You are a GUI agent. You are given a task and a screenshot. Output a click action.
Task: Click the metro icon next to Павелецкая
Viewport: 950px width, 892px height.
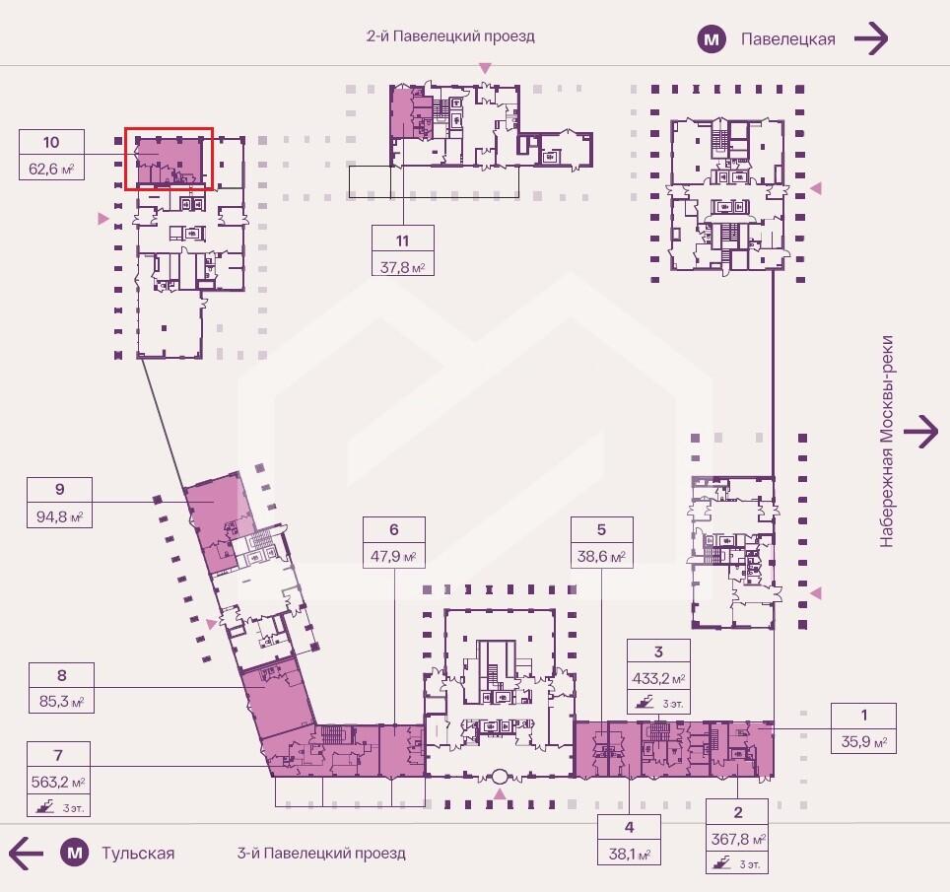pyautogui.click(x=712, y=39)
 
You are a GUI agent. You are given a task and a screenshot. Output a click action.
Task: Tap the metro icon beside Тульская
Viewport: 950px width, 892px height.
pyautogui.click(x=75, y=854)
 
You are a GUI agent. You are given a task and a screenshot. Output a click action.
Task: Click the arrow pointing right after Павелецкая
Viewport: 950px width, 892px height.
pyautogui.click(x=871, y=38)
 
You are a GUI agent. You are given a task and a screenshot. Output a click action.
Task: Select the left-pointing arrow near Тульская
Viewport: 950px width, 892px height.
pyautogui.click(x=26, y=854)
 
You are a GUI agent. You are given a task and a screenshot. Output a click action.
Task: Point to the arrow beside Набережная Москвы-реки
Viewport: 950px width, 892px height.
pyautogui.click(x=920, y=432)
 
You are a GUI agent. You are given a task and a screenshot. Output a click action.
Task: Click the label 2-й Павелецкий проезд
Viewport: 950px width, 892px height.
pyautogui.click(x=450, y=36)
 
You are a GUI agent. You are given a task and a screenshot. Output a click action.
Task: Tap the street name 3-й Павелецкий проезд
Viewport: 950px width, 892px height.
pyautogui.click(x=321, y=854)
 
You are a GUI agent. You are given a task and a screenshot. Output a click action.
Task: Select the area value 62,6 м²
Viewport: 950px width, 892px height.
pyautogui.click(x=51, y=169)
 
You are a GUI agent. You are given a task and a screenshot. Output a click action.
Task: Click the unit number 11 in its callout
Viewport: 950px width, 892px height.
pyautogui.click(x=402, y=241)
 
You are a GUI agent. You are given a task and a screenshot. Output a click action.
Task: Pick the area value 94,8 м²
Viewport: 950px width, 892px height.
pyautogui.click(x=59, y=516)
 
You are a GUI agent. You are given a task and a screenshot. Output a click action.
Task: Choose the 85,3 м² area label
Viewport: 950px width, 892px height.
pyautogui.click(x=61, y=702)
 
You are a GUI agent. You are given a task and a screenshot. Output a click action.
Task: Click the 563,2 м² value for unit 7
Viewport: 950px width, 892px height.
pyautogui.click(x=58, y=783)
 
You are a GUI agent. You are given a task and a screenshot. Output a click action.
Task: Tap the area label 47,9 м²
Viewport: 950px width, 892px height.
pyautogui.click(x=394, y=556)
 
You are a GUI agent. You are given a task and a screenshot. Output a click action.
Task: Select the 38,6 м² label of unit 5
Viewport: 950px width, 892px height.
pyautogui.click(x=601, y=556)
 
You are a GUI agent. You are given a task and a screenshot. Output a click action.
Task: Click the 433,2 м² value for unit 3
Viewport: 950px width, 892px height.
pyautogui.click(x=658, y=679)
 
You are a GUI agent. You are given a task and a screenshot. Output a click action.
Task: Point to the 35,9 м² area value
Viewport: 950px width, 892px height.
pyautogui.click(x=864, y=742)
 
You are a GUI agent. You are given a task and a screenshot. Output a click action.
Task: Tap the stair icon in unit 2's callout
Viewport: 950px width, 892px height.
pyautogui.click(x=722, y=862)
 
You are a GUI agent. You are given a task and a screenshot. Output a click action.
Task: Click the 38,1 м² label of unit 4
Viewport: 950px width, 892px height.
pyautogui.click(x=630, y=854)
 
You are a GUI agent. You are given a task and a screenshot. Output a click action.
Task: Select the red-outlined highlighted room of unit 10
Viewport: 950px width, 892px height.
pyautogui.click(x=170, y=159)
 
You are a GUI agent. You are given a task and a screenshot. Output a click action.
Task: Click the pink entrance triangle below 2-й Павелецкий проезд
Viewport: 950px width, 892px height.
pyautogui.click(x=485, y=67)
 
